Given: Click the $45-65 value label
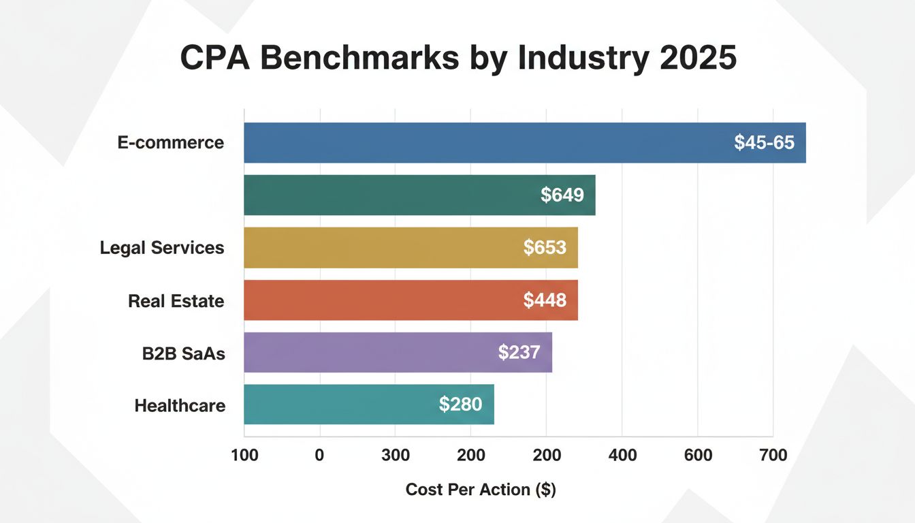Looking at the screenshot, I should tap(764, 143).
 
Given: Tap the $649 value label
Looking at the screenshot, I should tap(562, 195).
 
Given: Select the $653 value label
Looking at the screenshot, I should tap(545, 247).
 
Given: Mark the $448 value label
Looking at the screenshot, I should tap(545, 300).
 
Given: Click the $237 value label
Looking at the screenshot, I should tap(519, 352).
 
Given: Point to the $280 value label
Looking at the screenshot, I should tap(460, 405).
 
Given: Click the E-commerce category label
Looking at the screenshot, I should tap(170, 143).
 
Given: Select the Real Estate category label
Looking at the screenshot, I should tap(176, 300).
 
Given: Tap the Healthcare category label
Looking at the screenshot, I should tap(180, 406).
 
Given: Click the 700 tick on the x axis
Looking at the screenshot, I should tap(773, 456).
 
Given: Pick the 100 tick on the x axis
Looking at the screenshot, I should tap(244, 456).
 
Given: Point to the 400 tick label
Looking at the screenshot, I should tap(622, 456).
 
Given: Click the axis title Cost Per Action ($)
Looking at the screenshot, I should tap(481, 489).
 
